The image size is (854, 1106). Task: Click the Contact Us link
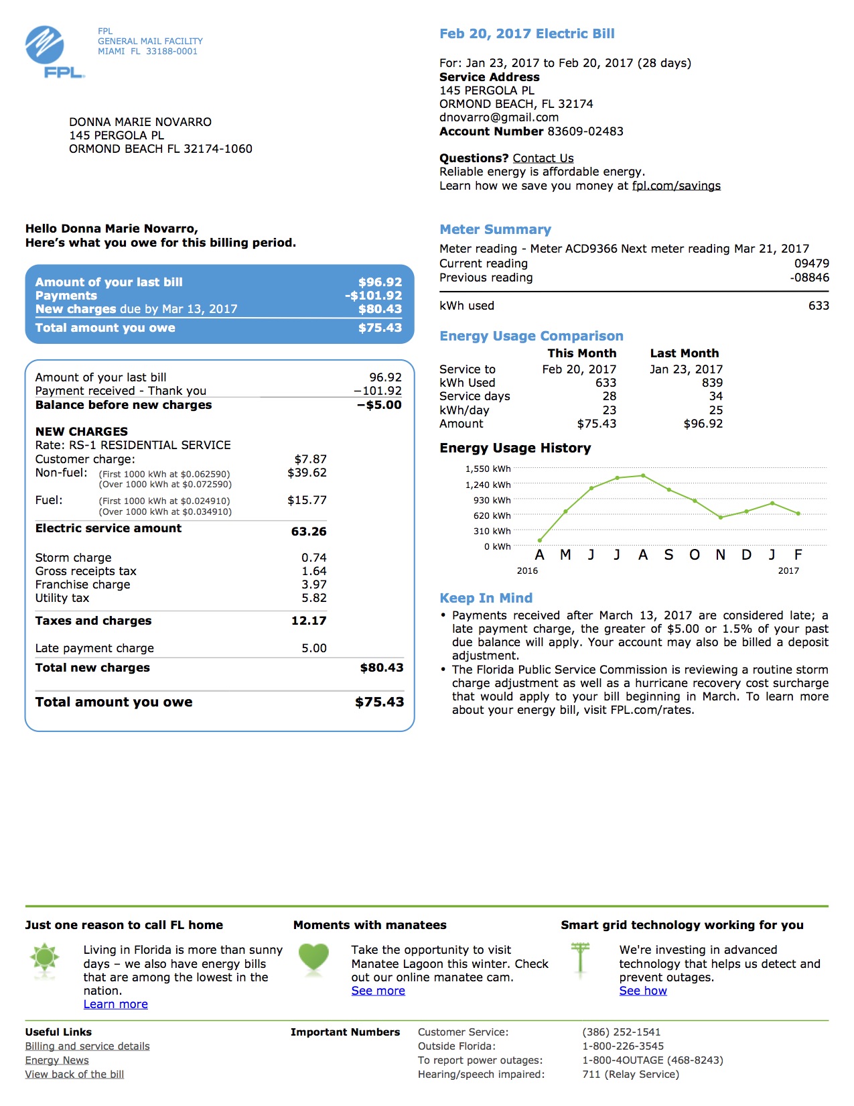[x=543, y=158]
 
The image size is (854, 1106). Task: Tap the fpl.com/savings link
[x=676, y=186]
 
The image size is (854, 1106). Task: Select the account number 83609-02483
[x=585, y=131]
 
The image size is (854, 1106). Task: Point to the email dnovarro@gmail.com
[x=498, y=117]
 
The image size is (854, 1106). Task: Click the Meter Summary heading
[x=495, y=229]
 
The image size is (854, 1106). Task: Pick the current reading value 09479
[x=811, y=263]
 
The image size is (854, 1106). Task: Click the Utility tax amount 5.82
[x=313, y=598]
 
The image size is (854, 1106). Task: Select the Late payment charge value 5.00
[x=313, y=648]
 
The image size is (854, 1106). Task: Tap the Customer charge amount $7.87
[x=310, y=459]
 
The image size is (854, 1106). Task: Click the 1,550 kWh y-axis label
[x=488, y=469]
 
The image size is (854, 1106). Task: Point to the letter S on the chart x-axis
[x=668, y=555]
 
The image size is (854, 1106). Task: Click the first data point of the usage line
[x=540, y=540]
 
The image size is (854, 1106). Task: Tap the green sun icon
[x=45, y=957]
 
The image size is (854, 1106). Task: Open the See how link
[x=642, y=991]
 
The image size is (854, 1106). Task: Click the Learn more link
[x=115, y=1004]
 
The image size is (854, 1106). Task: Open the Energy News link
[x=57, y=1060]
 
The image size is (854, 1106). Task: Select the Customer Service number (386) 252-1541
[x=621, y=1032]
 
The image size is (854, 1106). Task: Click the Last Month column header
[x=684, y=353]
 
